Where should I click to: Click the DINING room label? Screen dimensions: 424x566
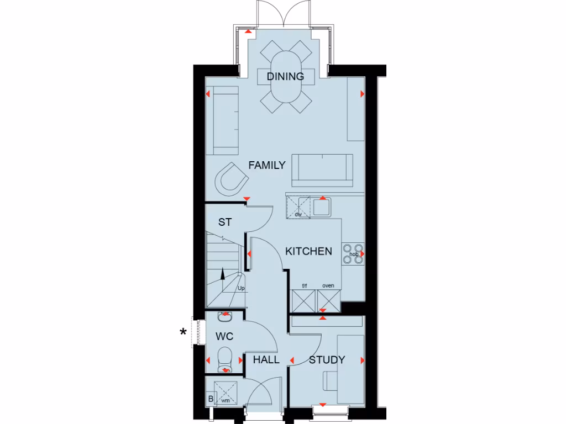point(285,76)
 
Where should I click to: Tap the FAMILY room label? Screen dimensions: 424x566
point(266,165)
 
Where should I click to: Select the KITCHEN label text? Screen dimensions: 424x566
point(308,251)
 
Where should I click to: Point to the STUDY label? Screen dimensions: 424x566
point(327,360)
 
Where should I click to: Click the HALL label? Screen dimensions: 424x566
point(266,360)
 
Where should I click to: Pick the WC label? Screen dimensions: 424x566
point(224,336)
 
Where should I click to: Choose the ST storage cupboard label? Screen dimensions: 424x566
point(224,222)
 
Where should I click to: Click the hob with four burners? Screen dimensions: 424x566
point(353,253)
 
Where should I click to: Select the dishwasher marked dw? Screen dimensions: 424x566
point(298,207)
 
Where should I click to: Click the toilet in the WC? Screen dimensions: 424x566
point(224,357)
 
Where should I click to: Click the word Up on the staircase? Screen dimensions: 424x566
point(241,288)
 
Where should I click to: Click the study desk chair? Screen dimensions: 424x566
point(329,381)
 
